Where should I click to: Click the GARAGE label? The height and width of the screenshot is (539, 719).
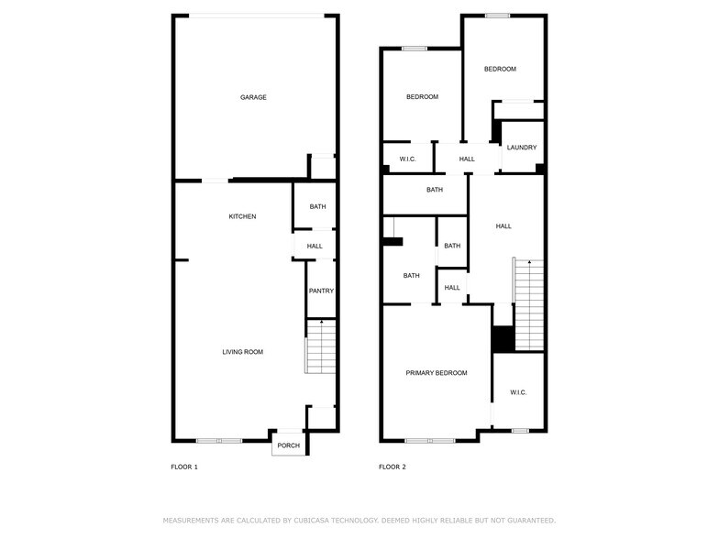click(253, 97)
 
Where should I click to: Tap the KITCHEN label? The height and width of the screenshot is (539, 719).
click(242, 216)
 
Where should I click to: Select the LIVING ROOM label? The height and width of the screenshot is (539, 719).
click(242, 352)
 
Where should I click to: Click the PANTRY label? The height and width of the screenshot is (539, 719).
click(321, 291)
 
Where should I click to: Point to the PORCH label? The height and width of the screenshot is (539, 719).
click(289, 445)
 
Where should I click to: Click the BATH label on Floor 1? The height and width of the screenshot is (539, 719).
click(317, 207)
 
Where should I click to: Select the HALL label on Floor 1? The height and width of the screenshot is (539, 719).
click(315, 246)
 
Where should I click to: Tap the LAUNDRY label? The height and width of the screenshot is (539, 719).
click(522, 148)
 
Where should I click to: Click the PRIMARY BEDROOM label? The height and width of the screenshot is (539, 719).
click(437, 373)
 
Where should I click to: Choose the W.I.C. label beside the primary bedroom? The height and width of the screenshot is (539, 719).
click(518, 392)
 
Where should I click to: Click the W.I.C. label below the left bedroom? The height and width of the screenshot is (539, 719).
click(408, 159)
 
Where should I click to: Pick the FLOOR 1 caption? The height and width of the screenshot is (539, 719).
click(184, 467)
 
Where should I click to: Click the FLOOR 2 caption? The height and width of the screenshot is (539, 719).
click(393, 467)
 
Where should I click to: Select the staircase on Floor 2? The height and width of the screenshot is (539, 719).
click(528, 304)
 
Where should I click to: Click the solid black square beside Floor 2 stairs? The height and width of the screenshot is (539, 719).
click(502, 339)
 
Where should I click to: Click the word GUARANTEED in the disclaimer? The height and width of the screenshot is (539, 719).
click(525, 520)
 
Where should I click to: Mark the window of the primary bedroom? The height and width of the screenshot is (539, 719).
click(430, 441)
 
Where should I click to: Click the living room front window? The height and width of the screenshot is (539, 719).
click(219, 441)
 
